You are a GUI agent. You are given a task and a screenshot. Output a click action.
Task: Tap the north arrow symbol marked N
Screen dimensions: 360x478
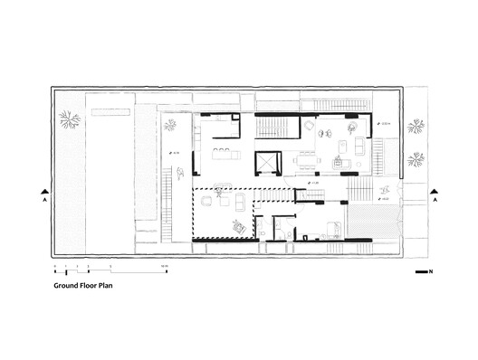tap(424, 272)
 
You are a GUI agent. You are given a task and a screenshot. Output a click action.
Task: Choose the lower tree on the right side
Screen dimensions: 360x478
tap(416, 160)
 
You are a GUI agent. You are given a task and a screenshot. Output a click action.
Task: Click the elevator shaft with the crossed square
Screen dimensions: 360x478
tap(269, 163)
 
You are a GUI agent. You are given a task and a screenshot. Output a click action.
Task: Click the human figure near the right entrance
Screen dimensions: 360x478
tap(385, 189)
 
